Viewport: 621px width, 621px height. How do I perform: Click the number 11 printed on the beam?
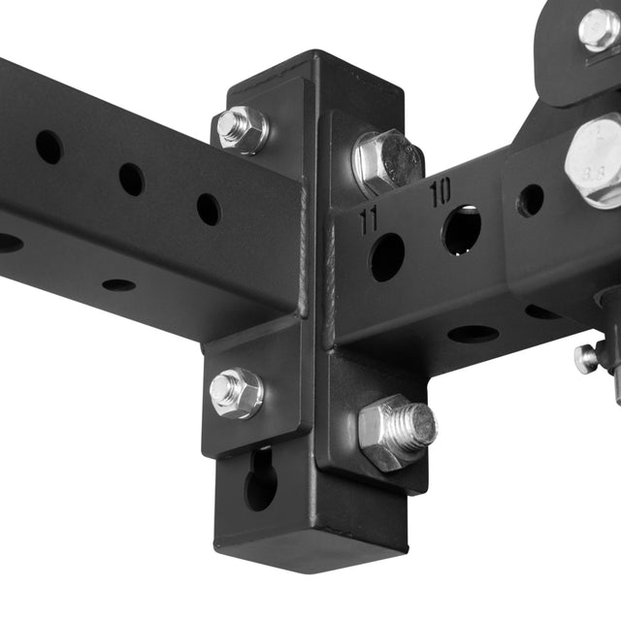368,218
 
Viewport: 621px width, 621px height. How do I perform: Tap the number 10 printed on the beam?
440,191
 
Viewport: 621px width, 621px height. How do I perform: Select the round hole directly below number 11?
386,257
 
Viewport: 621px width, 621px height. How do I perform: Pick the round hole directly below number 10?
462,230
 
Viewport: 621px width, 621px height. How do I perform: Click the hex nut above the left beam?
241,129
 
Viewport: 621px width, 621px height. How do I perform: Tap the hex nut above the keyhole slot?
236,392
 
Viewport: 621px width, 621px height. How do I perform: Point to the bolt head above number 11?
386,161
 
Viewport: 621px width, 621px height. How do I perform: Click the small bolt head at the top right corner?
599,29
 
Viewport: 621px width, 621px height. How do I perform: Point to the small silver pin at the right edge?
586,359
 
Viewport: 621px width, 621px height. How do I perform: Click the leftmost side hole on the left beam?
49,147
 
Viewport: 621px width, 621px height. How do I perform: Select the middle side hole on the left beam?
131,179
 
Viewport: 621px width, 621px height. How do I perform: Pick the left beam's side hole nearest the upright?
208,209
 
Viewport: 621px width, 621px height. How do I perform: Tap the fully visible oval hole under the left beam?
118,285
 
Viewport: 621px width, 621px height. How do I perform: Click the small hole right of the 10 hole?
530,200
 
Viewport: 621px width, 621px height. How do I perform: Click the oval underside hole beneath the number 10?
473,334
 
